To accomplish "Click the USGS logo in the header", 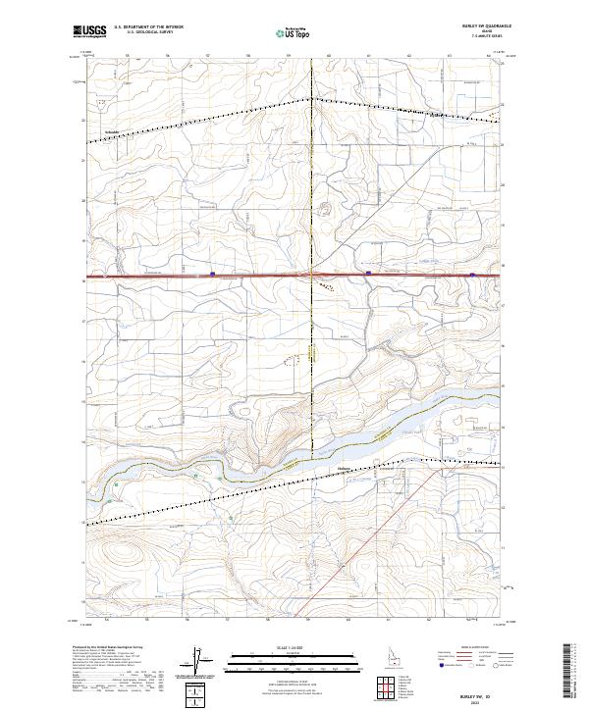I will click(x=89, y=31).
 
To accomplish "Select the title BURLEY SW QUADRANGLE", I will click(x=475, y=25).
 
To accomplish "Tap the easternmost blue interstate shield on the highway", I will click(x=472, y=275).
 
